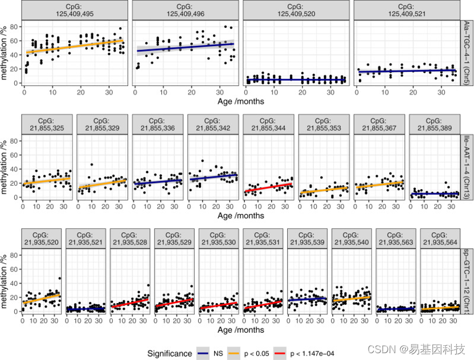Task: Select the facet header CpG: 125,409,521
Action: pos(406,10)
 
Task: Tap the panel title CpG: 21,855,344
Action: pos(268,125)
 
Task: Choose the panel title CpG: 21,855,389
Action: pos(434,125)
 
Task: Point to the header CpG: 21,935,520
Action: pos(42,239)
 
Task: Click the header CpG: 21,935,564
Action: pos(439,239)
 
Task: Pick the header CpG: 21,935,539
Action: pos(307,239)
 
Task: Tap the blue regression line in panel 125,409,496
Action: pos(185,47)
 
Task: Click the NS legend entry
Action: pos(211,353)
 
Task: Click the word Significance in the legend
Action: pos(169,353)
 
